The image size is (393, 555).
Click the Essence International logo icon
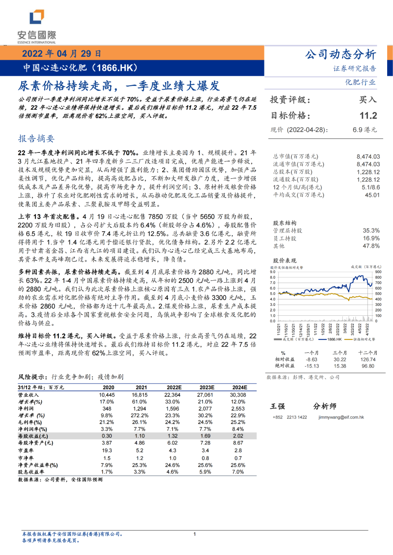pyautogui.click(x=36, y=17)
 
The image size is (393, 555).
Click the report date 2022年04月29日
pyautogui.click(x=61, y=53)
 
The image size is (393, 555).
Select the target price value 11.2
pyautogui.click(x=368, y=116)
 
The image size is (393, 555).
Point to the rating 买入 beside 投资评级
pyautogui.click(x=368, y=100)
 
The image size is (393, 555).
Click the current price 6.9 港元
pyautogui.click(x=365, y=130)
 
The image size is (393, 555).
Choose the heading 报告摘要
pyautogui.click(x=36, y=139)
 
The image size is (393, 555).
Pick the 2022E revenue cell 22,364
pyautogui.click(x=172, y=395)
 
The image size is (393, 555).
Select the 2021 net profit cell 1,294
pyautogui.click(x=139, y=408)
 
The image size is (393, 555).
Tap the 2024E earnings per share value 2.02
pyautogui.click(x=238, y=436)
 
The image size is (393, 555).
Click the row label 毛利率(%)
pyautogui.click(x=30, y=422)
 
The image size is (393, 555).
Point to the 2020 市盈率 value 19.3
pyautogui.click(x=107, y=450)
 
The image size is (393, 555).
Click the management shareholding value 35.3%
pyautogui.click(x=371, y=231)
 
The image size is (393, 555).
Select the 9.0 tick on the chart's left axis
pyautogui.click(x=273, y=272)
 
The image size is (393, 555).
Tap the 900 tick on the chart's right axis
pyautogui.click(x=378, y=272)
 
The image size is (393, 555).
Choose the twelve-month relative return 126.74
pyautogui.click(x=368, y=359)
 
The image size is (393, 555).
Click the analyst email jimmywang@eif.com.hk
pyautogui.click(x=341, y=417)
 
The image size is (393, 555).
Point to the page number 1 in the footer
pyautogui.click(x=195, y=534)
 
